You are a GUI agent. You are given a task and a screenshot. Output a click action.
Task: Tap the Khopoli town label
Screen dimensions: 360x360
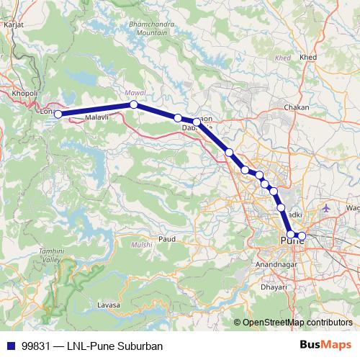[x=24, y=93]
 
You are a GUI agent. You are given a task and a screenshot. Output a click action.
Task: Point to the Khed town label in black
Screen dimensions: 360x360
[x=309, y=57]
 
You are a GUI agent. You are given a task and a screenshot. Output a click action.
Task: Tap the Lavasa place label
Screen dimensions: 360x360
[x=107, y=305]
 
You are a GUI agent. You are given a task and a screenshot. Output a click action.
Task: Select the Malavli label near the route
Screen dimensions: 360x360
[x=96, y=117]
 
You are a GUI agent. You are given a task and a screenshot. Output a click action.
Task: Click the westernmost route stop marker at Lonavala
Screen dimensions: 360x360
[x=58, y=114]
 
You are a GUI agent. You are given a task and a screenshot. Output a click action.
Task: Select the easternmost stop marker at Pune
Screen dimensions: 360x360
[x=302, y=236]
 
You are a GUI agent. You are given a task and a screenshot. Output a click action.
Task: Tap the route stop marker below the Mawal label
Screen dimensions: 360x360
[x=134, y=104]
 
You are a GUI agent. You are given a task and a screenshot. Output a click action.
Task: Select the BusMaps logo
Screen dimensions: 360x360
[x=330, y=345]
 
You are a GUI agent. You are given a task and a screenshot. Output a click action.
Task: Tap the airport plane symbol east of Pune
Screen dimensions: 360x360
[x=327, y=208]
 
